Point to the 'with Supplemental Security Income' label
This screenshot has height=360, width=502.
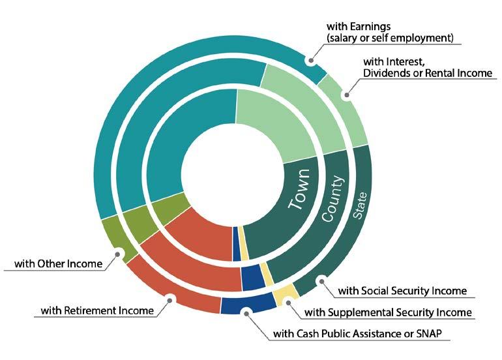pos(388,312)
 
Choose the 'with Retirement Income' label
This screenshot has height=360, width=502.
pos(97,310)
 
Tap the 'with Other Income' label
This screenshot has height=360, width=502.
pos(59,264)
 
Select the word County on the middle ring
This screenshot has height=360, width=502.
pos(336,198)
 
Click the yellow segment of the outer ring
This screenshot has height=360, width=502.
pos(286,293)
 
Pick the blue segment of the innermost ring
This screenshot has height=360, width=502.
pos(237,244)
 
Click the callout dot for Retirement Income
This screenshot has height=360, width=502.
pos(170,300)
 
